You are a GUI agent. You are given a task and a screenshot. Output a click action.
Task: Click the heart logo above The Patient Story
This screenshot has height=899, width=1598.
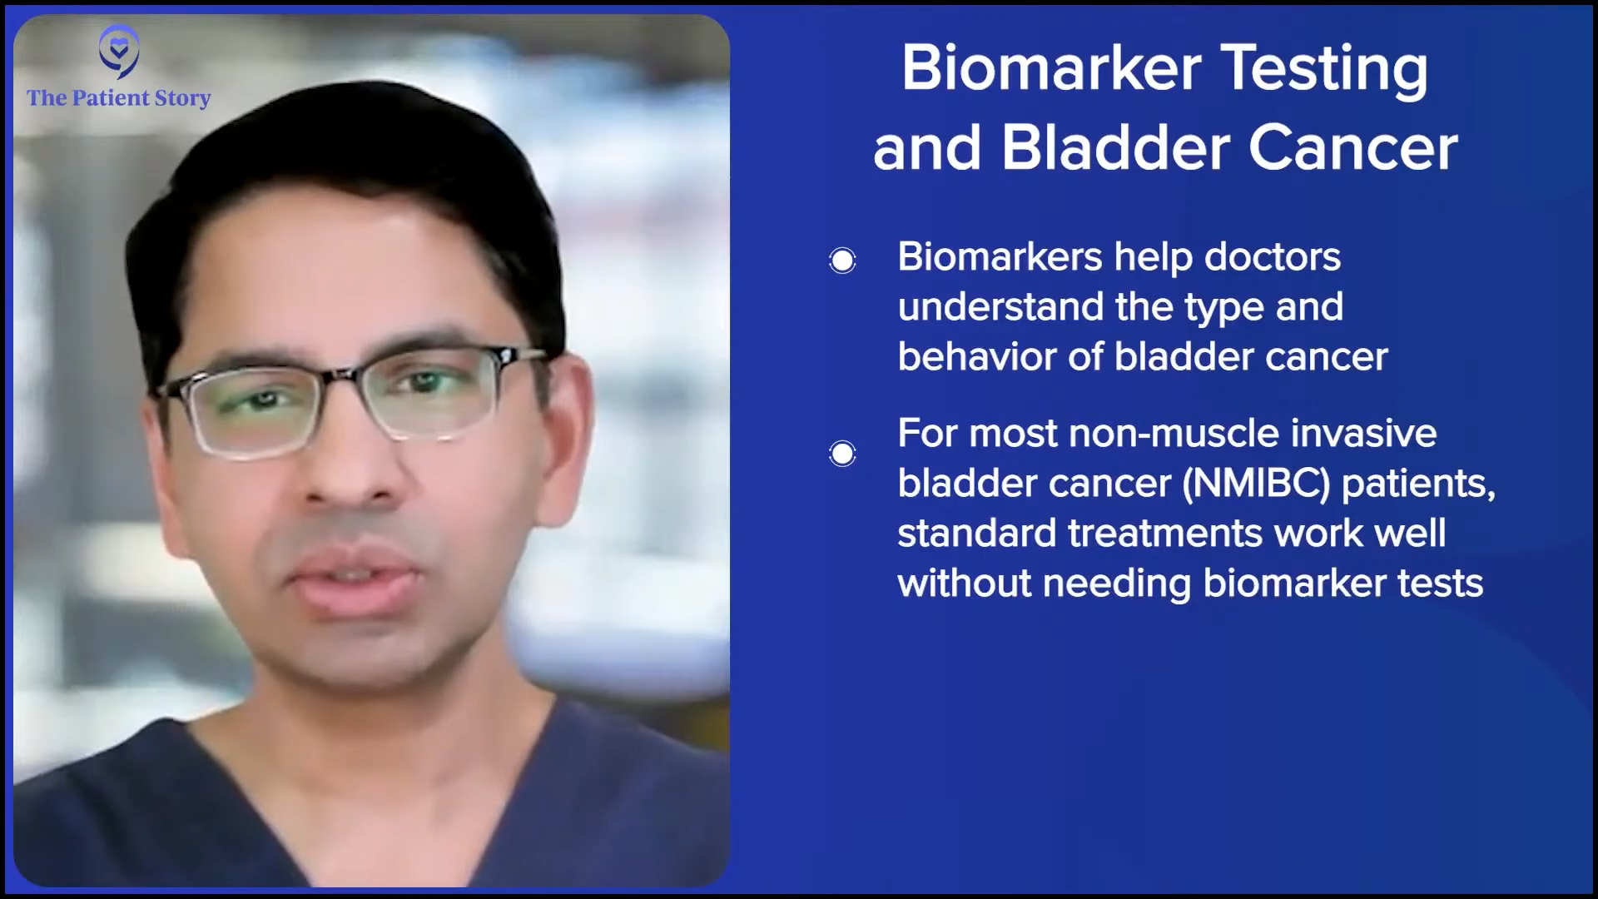(118, 52)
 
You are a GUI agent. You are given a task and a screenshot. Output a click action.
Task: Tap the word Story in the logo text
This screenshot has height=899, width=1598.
(183, 99)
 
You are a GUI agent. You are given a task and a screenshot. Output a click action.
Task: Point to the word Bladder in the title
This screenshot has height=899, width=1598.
(1115, 148)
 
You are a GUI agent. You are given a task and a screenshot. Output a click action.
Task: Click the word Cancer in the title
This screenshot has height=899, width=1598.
(1353, 148)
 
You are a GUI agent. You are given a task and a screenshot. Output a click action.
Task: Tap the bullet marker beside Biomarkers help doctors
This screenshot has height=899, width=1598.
(842, 261)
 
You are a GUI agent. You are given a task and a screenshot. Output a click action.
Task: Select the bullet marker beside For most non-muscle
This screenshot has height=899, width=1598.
(842, 454)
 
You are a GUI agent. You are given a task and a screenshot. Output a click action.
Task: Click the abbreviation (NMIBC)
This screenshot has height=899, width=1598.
(1256, 484)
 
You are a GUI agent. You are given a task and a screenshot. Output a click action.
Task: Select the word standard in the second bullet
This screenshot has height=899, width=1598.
(977, 534)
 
